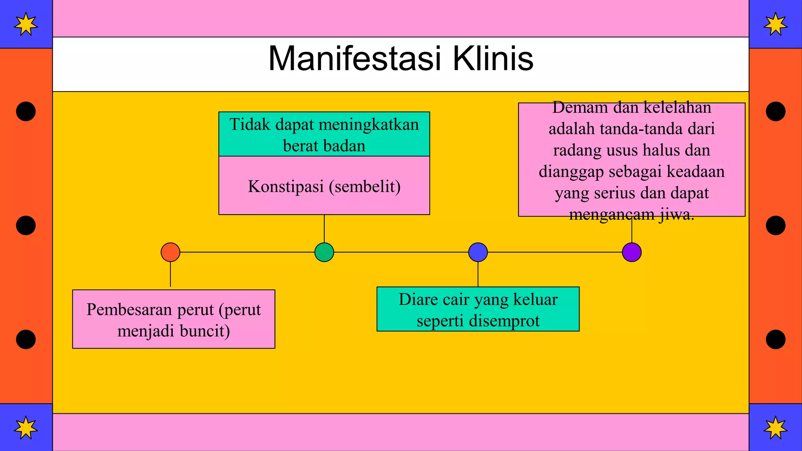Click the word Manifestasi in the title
[355, 59]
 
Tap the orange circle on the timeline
[170, 252]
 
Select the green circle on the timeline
[324, 252]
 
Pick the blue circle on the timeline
[478, 252]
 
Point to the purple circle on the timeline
[632, 252]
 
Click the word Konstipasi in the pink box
[286, 186]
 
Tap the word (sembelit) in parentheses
[365, 186]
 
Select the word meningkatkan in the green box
[369, 125]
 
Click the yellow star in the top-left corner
[26, 24]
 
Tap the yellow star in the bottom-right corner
[775, 428]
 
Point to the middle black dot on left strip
[26, 225]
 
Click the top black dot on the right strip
[775, 112]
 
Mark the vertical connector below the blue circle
[478, 274]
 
